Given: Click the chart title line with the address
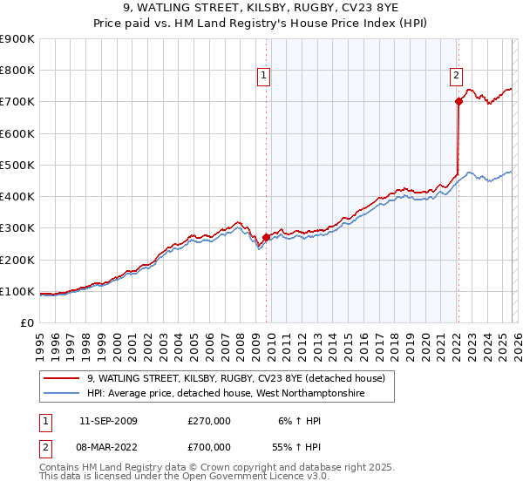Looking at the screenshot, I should (261, 9).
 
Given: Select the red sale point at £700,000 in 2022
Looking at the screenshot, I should (458, 102).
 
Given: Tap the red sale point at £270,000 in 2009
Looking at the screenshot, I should (266, 237).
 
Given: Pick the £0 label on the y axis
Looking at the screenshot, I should (26, 323).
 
